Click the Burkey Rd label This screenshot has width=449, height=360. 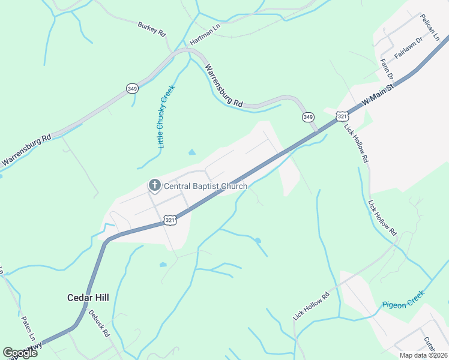point(151,29)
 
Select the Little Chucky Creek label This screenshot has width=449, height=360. point(166,116)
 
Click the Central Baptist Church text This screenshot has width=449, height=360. point(206,186)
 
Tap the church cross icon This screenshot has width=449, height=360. point(154,185)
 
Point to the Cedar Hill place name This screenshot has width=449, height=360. point(87,297)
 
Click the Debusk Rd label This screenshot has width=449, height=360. point(99,322)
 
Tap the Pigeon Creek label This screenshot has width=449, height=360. point(403,299)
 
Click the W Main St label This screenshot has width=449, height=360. point(378,96)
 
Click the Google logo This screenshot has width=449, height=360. point(20,353)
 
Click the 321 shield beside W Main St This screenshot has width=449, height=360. point(342,116)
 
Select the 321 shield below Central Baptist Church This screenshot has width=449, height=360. point(170,220)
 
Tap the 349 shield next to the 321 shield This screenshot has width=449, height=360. point(308,116)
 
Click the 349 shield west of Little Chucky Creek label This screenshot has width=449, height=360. point(132,88)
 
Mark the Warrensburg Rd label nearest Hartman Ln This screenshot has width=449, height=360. point(224,86)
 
